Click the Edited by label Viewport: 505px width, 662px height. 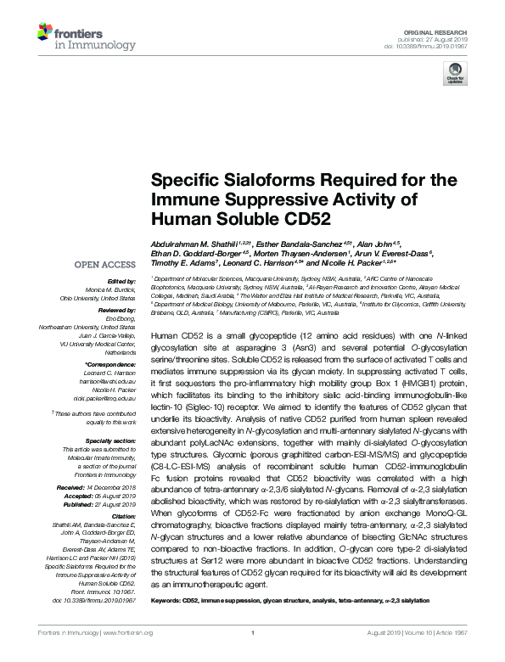(x=121, y=281)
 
